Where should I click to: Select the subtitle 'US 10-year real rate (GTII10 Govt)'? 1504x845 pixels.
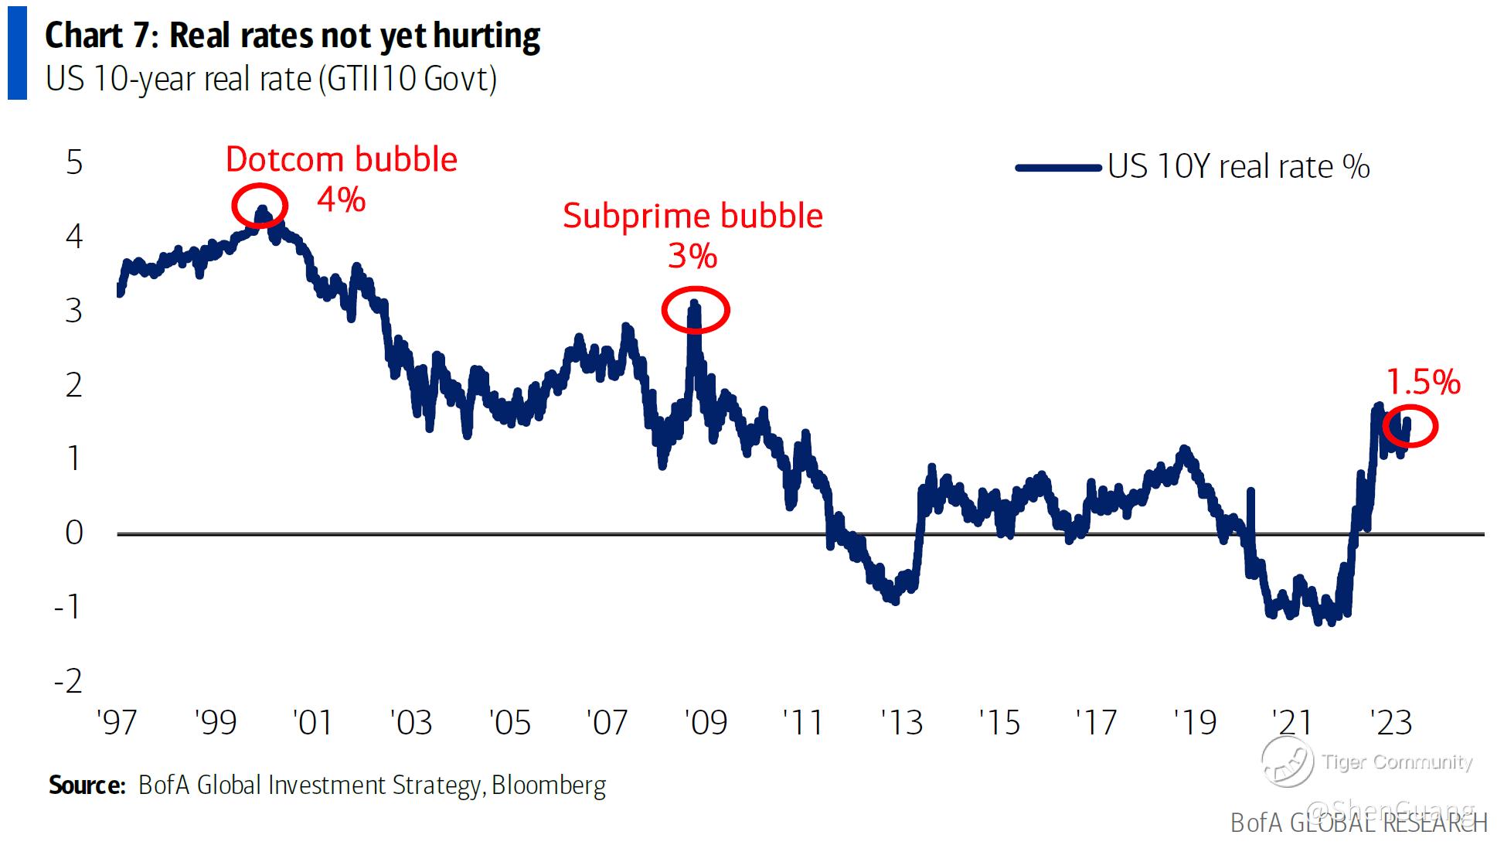(271, 79)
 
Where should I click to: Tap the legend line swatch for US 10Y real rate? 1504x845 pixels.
(1057, 168)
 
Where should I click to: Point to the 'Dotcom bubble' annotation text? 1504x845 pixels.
(341, 159)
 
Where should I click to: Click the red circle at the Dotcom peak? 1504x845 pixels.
(260, 206)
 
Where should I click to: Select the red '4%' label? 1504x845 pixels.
(341, 199)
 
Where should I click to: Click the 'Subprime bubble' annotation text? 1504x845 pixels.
(692, 216)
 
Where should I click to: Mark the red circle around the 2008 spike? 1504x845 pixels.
(696, 309)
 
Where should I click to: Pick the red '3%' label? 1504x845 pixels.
(692, 256)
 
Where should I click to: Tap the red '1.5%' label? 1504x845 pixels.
(1423, 382)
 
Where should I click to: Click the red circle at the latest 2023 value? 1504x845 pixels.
(1410, 426)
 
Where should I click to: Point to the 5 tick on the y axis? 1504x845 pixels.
(74, 163)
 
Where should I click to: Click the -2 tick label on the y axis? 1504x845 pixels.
(69, 681)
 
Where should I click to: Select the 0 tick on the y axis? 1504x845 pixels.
(74, 533)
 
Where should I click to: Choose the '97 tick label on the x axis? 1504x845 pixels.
(117, 723)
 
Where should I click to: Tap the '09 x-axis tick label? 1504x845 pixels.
(706, 723)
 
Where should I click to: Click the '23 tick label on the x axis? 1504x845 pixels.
(1391, 723)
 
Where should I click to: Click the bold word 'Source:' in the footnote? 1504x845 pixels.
(87, 785)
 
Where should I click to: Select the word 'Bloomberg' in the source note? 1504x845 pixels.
(549, 785)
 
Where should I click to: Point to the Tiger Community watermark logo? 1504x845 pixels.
(1287, 761)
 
